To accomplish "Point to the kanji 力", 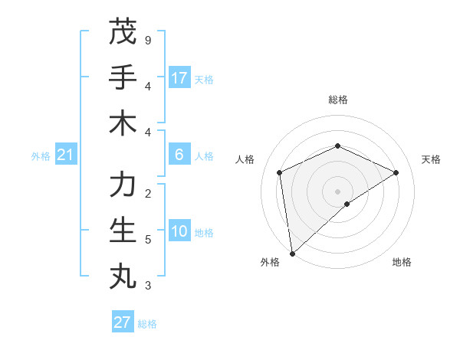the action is (x=123, y=185).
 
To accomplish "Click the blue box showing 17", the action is (x=179, y=78).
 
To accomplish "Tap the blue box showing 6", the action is (x=179, y=155).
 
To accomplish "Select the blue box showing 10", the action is (x=179, y=232).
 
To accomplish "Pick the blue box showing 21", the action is (x=65, y=155).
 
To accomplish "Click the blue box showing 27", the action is (x=123, y=322).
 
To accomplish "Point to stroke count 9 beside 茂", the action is (x=147, y=40).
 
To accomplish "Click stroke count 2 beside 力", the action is (x=147, y=193).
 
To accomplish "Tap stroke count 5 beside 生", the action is (x=147, y=240).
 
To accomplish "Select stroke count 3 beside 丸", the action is (x=147, y=286).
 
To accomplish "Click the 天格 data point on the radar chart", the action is (x=396, y=172).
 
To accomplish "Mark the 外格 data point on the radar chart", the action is (x=292, y=254).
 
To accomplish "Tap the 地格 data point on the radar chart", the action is (x=347, y=204).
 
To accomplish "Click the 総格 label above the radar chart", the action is (x=337, y=100).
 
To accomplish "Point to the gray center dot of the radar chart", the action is (x=337, y=191).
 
